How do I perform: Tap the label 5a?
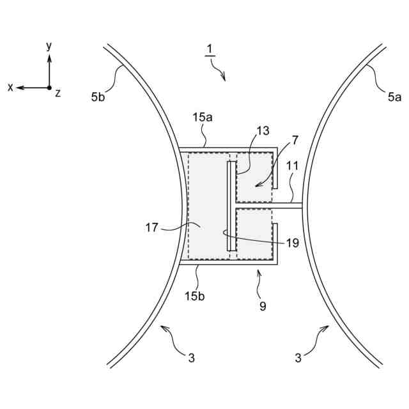394,97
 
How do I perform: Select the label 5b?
98,97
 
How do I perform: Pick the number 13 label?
263,131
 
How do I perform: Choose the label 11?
292,165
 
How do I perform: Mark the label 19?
292,242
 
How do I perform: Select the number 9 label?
263,306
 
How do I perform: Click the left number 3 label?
191,358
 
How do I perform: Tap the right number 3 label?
298,358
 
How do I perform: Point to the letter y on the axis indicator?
49,46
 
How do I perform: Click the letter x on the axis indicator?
10,88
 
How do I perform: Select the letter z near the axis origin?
58,93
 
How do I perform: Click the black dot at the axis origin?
49,88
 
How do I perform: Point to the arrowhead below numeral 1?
223,78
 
